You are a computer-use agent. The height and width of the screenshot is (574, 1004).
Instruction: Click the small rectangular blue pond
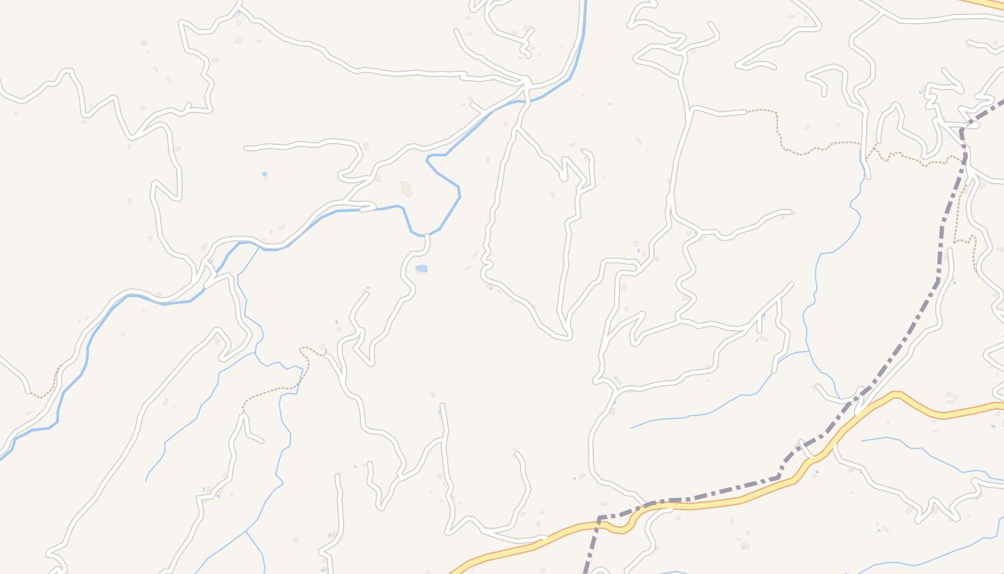pyautogui.click(x=421, y=268)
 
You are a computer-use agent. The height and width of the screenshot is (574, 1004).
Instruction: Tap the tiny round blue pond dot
pyautogui.click(x=265, y=174)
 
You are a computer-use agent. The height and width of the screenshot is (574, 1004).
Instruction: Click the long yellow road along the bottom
pyautogui.click(x=717, y=502)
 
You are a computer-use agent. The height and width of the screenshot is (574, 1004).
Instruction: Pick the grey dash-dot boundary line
pyautogui.click(x=896, y=352)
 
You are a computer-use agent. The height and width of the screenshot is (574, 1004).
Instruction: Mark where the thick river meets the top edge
pyautogui.click(x=585, y=2)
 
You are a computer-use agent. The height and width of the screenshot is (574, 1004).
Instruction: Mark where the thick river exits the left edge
pyautogui.click(x=2, y=456)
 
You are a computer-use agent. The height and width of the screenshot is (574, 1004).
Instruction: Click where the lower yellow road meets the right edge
pyautogui.click(x=1001, y=405)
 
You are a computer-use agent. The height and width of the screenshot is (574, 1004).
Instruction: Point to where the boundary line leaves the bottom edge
pyautogui.click(x=587, y=571)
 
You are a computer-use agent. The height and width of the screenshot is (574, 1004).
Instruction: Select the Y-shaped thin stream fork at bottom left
pyautogui.click(x=246, y=532)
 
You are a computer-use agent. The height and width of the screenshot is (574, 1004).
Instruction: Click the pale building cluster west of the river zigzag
pyautogui.click(x=407, y=190)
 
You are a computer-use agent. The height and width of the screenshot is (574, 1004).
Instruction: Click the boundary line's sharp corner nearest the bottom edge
pyautogui.click(x=600, y=517)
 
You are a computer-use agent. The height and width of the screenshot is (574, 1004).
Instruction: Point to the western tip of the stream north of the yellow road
pyautogui.click(x=631, y=428)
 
